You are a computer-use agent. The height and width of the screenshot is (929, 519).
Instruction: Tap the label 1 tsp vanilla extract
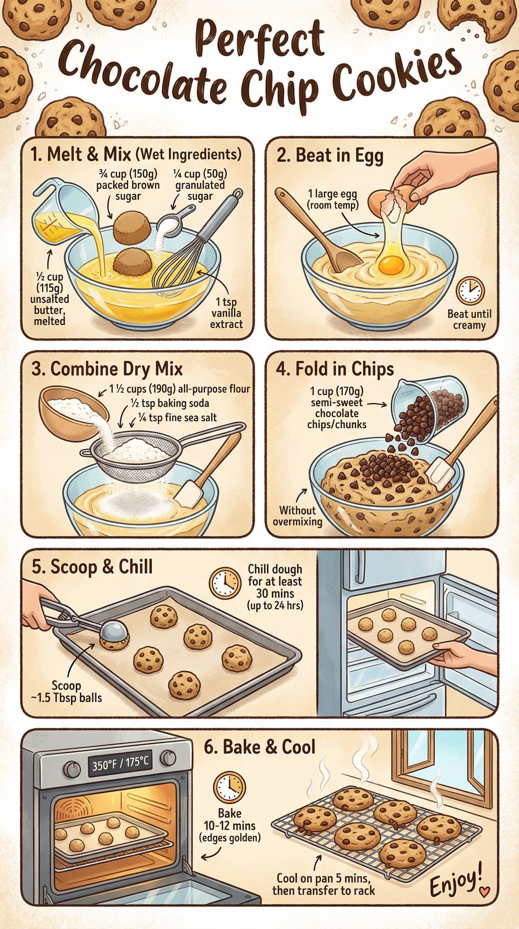pyautogui.click(x=226, y=313)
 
